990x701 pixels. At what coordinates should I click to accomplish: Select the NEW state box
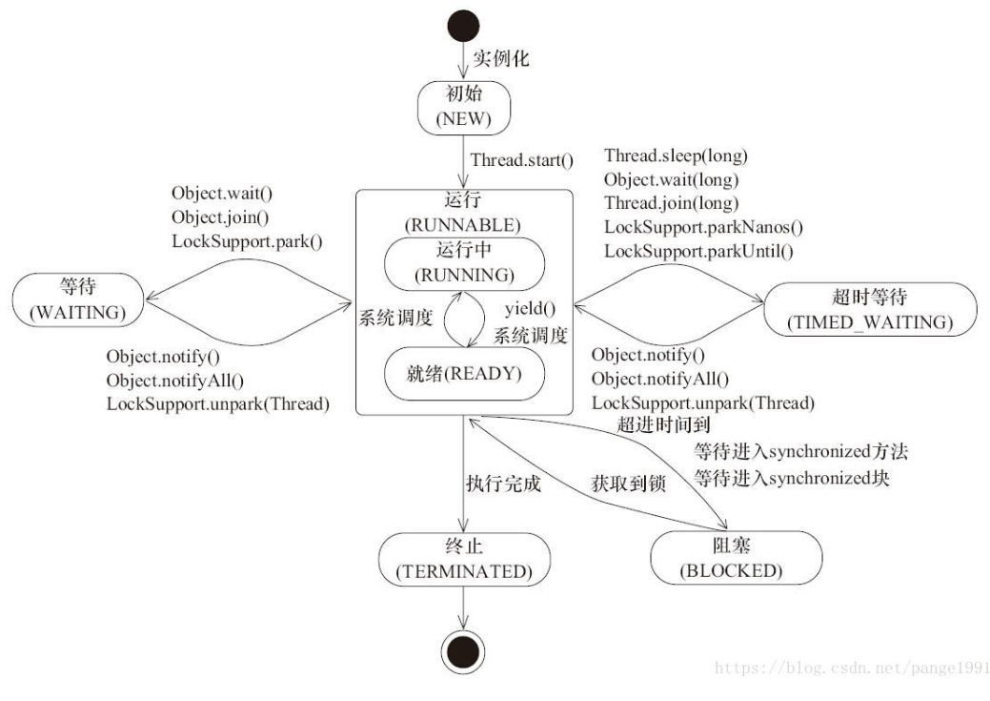(x=464, y=109)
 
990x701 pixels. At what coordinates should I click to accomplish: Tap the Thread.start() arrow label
(x=521, y=160)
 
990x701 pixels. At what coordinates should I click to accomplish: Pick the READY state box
(x=463, y=373)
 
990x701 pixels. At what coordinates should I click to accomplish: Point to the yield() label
(x=522, y=309)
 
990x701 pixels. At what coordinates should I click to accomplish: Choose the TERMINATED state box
(x=463, y=560)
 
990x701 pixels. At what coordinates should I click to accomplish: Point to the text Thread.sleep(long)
(x=676, y=155)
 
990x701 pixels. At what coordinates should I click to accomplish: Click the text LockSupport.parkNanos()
(x=704, y=227)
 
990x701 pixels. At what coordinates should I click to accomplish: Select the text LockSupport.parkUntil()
(x=699, y=251)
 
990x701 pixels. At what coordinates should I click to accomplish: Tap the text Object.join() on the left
(x=220, y=217)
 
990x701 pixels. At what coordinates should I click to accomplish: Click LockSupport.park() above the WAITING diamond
(x=247, y=241)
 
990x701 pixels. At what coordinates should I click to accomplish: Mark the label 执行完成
(x=503, y=484)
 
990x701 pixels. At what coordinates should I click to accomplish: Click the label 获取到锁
(x=628, y=484)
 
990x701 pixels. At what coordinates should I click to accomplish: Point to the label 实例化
(x=501, y=58)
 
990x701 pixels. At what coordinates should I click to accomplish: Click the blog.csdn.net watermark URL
(x=851, y=668)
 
